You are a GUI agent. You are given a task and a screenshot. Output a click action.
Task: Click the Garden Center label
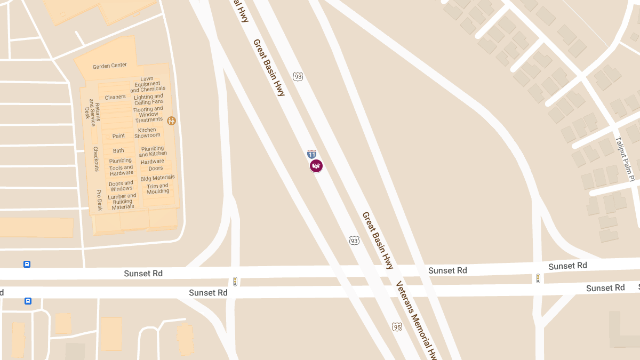(110, 66)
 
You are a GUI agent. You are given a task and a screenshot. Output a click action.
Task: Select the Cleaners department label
(115, 97)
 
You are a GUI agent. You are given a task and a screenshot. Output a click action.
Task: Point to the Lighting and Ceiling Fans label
(149, 99)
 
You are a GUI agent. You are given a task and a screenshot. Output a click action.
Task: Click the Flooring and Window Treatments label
(148, 114)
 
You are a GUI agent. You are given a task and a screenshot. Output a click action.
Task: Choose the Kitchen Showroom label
(147, 133)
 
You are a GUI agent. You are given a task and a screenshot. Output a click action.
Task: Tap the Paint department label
(118, 136)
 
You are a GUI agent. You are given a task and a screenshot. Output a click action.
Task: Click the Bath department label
(118, 151)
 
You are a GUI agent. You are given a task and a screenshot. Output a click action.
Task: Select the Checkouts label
(96, 159)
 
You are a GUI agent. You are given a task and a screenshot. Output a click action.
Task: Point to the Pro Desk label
(99, 200)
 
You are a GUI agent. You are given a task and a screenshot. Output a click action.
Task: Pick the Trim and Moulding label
(158, 189)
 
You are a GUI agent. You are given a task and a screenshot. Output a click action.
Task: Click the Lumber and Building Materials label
(123, 202)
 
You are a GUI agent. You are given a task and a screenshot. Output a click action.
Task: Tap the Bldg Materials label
(157, 178)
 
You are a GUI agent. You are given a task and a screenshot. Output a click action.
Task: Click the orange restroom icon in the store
(171, 121)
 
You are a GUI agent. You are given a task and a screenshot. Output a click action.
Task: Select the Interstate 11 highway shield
(312, 154)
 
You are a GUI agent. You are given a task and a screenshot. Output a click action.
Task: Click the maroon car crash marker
(316, 166)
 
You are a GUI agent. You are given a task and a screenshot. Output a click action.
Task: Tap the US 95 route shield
(397, 327)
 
